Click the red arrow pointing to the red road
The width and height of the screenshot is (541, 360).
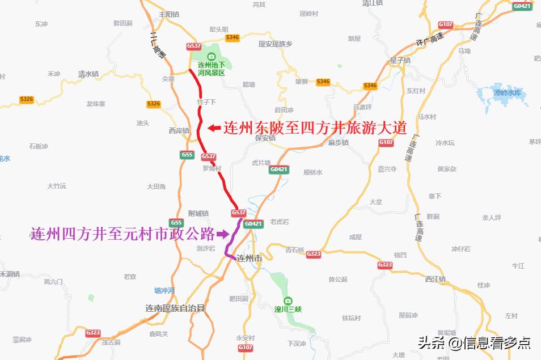click(213, 128)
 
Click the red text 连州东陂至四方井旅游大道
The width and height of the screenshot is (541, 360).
click(315, 128)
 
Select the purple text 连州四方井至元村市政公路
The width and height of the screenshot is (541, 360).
click(122, 233)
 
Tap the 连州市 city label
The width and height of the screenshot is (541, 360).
click(250, 259)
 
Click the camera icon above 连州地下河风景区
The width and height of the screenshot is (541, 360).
click(212, 56)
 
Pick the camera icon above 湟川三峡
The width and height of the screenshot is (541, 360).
click(288, 300)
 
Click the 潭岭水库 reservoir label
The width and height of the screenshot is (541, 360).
click(506, 92)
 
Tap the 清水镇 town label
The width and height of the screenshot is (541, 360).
click(88, 74)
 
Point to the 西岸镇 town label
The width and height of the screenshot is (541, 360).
click(179, 130)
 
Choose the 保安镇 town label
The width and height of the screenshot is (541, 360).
click(265, 138)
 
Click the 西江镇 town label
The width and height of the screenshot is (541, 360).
click(435, 279)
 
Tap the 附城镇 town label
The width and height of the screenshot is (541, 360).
click(198, 213)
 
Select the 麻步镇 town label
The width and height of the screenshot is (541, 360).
click(338, 142)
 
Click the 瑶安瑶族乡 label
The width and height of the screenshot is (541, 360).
click(275, 44)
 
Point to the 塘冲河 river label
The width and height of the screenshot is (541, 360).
click(164, 290)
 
